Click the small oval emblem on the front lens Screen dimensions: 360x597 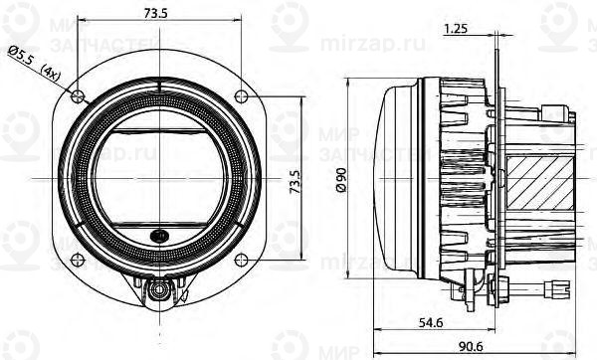pyautogui.click(x=159, y=237)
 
